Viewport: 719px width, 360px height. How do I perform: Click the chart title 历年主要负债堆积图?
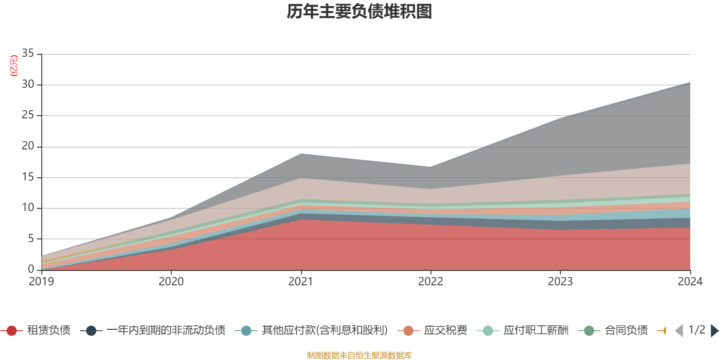359,12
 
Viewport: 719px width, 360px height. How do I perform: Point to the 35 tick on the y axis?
28,54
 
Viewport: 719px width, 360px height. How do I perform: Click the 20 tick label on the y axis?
28,146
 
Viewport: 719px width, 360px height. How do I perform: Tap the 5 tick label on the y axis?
31,238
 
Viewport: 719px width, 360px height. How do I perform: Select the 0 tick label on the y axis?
31,269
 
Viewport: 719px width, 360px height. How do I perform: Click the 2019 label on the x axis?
41,282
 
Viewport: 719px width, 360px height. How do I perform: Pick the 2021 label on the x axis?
301,282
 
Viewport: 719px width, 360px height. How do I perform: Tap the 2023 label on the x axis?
560,282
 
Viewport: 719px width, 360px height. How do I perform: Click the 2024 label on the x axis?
689,282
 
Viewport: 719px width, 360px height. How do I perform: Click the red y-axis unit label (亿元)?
14,66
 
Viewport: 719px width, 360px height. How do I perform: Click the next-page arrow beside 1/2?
714,331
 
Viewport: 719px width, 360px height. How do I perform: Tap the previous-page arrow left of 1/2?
679,331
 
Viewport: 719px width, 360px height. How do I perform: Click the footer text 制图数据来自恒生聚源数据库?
359,355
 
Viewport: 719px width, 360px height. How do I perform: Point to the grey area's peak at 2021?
301,154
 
